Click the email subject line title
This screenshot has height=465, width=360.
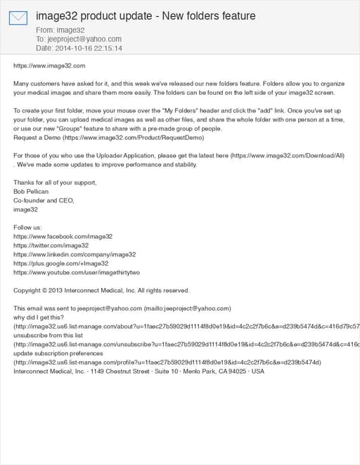coord(146,15)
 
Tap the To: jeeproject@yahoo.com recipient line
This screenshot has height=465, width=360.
coord(79,39)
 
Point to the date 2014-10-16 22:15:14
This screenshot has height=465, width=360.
coord(79,48)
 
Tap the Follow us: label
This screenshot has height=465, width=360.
coord(28,228)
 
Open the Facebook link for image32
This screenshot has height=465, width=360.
coord(63,237)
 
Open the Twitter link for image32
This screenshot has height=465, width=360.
coord(51,246)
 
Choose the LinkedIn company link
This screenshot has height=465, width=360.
coord(75,254)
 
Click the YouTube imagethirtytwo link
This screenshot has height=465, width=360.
coord(77,273)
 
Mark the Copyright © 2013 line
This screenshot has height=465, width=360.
coord(101,290)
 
